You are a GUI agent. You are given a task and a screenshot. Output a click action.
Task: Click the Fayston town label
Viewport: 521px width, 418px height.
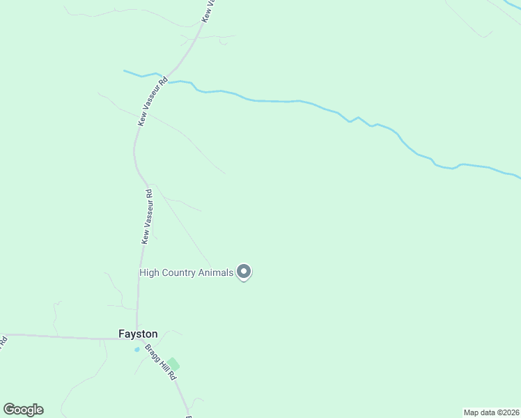[138, 334]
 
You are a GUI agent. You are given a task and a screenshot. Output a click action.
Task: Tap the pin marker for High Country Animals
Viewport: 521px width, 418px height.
[244, 272]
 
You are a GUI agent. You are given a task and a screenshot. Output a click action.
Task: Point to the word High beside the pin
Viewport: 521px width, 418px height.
[150, 273]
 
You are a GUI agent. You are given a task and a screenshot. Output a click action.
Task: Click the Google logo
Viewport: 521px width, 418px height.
[23, 410]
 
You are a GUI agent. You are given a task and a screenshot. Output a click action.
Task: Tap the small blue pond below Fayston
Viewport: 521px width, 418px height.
[138, 349]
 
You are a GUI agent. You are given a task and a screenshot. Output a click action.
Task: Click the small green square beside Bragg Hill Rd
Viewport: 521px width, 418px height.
[173, 364]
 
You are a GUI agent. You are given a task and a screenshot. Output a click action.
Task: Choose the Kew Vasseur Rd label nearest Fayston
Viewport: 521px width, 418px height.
[147, 217]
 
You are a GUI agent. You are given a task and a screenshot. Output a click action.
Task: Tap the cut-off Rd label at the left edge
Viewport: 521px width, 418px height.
[3, 341]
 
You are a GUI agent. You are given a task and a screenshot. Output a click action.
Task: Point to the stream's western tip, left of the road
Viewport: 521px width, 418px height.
[125, 70]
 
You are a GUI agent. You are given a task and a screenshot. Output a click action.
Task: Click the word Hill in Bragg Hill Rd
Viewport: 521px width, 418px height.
[162, 363]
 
